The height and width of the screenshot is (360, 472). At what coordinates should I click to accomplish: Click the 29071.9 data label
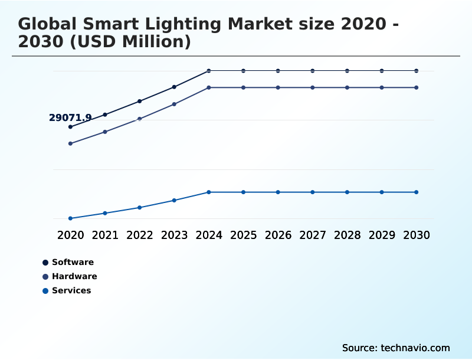point(70,118)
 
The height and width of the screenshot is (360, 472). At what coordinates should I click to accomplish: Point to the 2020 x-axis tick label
point(70,235)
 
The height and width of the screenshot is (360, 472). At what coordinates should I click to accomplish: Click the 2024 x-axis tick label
point(209,235)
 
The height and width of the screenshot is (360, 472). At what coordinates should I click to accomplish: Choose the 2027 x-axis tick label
point(313,235)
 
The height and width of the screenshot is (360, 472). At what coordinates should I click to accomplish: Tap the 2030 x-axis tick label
point(417,235)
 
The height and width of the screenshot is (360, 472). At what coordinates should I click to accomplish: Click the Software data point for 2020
point(70,127)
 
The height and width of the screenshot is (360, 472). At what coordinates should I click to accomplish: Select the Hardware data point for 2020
point(70,143)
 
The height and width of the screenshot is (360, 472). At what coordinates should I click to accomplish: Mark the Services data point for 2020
point(70,218)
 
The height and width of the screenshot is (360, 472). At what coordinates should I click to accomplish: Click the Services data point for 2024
point(209,192)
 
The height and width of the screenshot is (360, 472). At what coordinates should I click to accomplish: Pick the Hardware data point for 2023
point(174,104)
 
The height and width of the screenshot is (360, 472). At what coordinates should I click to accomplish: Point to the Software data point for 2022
point(140,101)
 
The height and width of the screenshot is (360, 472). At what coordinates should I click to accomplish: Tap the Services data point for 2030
point(417,192)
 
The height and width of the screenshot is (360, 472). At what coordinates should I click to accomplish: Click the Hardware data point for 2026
point(278,87)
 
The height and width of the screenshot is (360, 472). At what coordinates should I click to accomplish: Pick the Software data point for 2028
point(347,71)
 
